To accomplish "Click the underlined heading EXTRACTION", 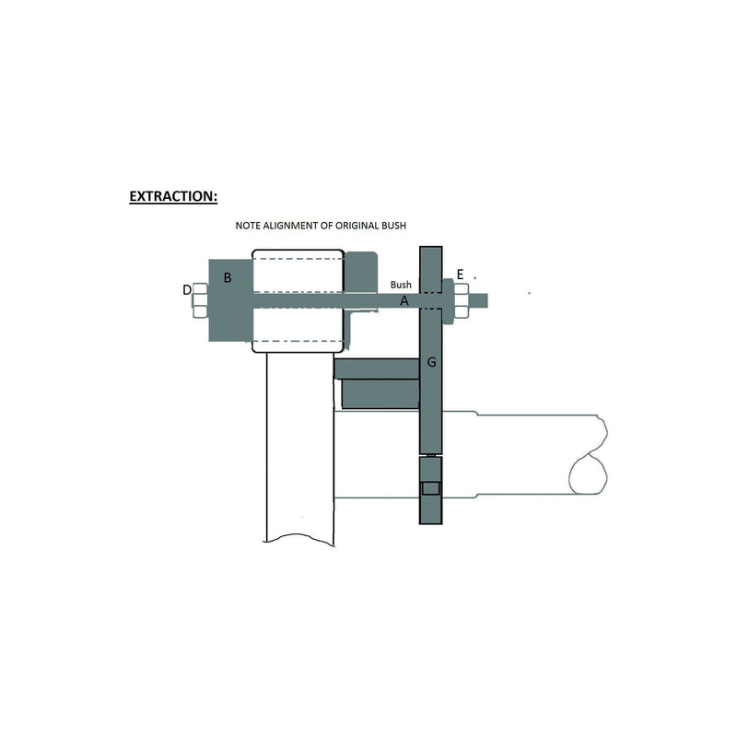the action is (x=173, y=196).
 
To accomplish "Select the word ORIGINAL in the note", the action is (x=356, y=226).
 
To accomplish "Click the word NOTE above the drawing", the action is (x=247, y=226).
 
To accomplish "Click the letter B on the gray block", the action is (x=228, y=278).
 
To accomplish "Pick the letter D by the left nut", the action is (x=187, y=290).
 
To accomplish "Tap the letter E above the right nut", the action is (x=460, y=275).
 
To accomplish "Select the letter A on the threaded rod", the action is (x=404, y=301).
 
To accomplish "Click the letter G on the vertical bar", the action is (x=431, y=362).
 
